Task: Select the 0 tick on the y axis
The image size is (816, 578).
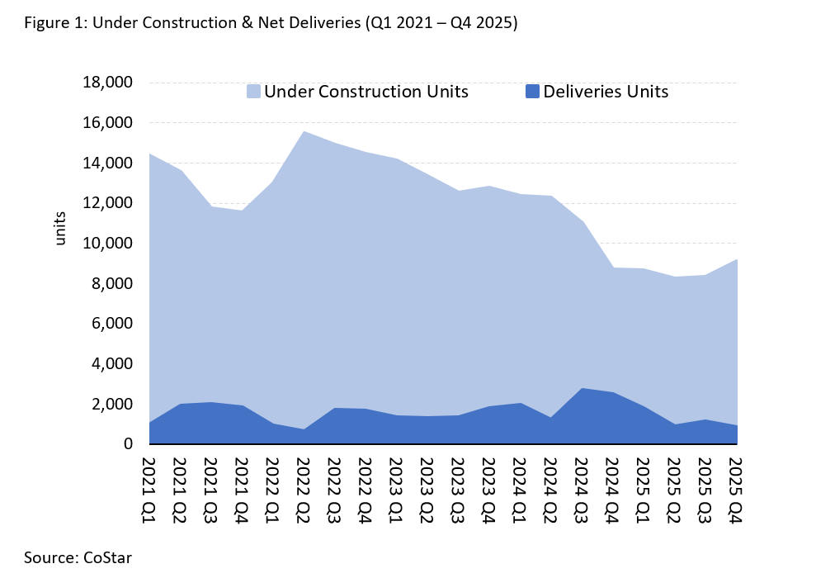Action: (x=128, y=444)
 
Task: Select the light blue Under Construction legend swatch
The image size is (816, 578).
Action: (x=254, y=92)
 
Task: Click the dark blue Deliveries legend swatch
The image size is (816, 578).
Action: (x=532, y=92)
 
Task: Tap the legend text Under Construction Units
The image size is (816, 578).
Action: (x=366, y=92)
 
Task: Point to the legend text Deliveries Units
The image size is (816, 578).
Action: (x=605, y=92)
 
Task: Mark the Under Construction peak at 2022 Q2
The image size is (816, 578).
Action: (x=303, y=131)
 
